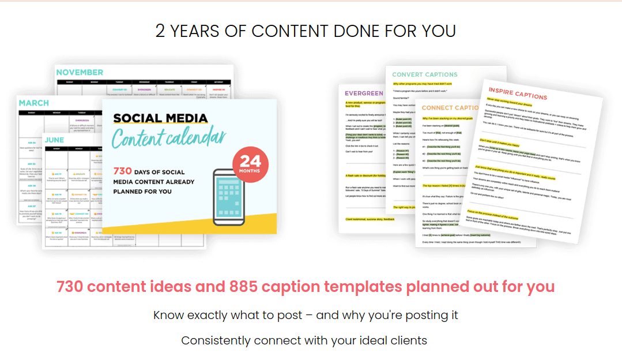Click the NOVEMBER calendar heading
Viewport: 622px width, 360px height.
pyautogui.click(x=80, y=72)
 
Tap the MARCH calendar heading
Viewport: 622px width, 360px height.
pyautogui.click(x=34, y=103)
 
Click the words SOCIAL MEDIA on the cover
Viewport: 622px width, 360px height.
pyautogui.click(x=160, y=119)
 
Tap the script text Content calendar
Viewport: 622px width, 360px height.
pyautogui.click(x=168, y=139)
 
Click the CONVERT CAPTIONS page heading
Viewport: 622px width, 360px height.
pyautogui.click(x=425, y=74)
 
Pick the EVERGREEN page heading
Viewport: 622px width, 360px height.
pyautogui.click(x=364, y=93)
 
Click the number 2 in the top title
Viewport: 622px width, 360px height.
pyautogui.click(x=160, y=31)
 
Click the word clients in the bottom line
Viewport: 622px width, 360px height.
pyautogui.click(x=408, y=340)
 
